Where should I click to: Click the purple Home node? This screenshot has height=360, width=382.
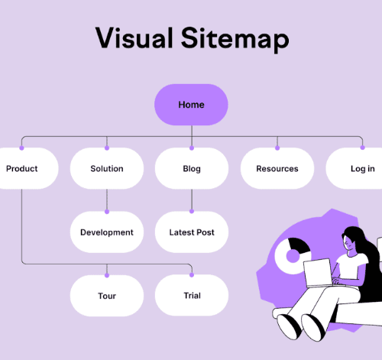[191, 105]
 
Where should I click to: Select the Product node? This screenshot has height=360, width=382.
[25, 168]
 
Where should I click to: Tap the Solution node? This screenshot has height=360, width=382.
[107, 168]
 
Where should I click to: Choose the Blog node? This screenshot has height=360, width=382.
[192, 168]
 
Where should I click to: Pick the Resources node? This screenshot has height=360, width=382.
[277, 168]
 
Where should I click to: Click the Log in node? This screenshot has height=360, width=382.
[357, 168]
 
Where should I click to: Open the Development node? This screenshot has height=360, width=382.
[107, 232]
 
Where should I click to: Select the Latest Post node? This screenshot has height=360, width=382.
[192, 232]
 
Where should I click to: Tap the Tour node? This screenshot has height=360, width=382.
[107, 296]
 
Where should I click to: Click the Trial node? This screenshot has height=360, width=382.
[192, 295]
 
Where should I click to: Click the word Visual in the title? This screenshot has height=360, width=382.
[134, 37]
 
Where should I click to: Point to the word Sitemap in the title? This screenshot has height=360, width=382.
[235, 40]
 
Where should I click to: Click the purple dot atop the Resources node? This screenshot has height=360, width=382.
[277, 148]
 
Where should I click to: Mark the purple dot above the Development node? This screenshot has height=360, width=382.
[107, 212]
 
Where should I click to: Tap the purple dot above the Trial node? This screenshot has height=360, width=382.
[192, 274]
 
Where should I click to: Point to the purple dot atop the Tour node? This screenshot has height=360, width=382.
[107, 275]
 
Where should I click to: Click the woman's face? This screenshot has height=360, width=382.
[348, 244]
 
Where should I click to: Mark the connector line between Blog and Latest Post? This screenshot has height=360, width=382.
[192, 199]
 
